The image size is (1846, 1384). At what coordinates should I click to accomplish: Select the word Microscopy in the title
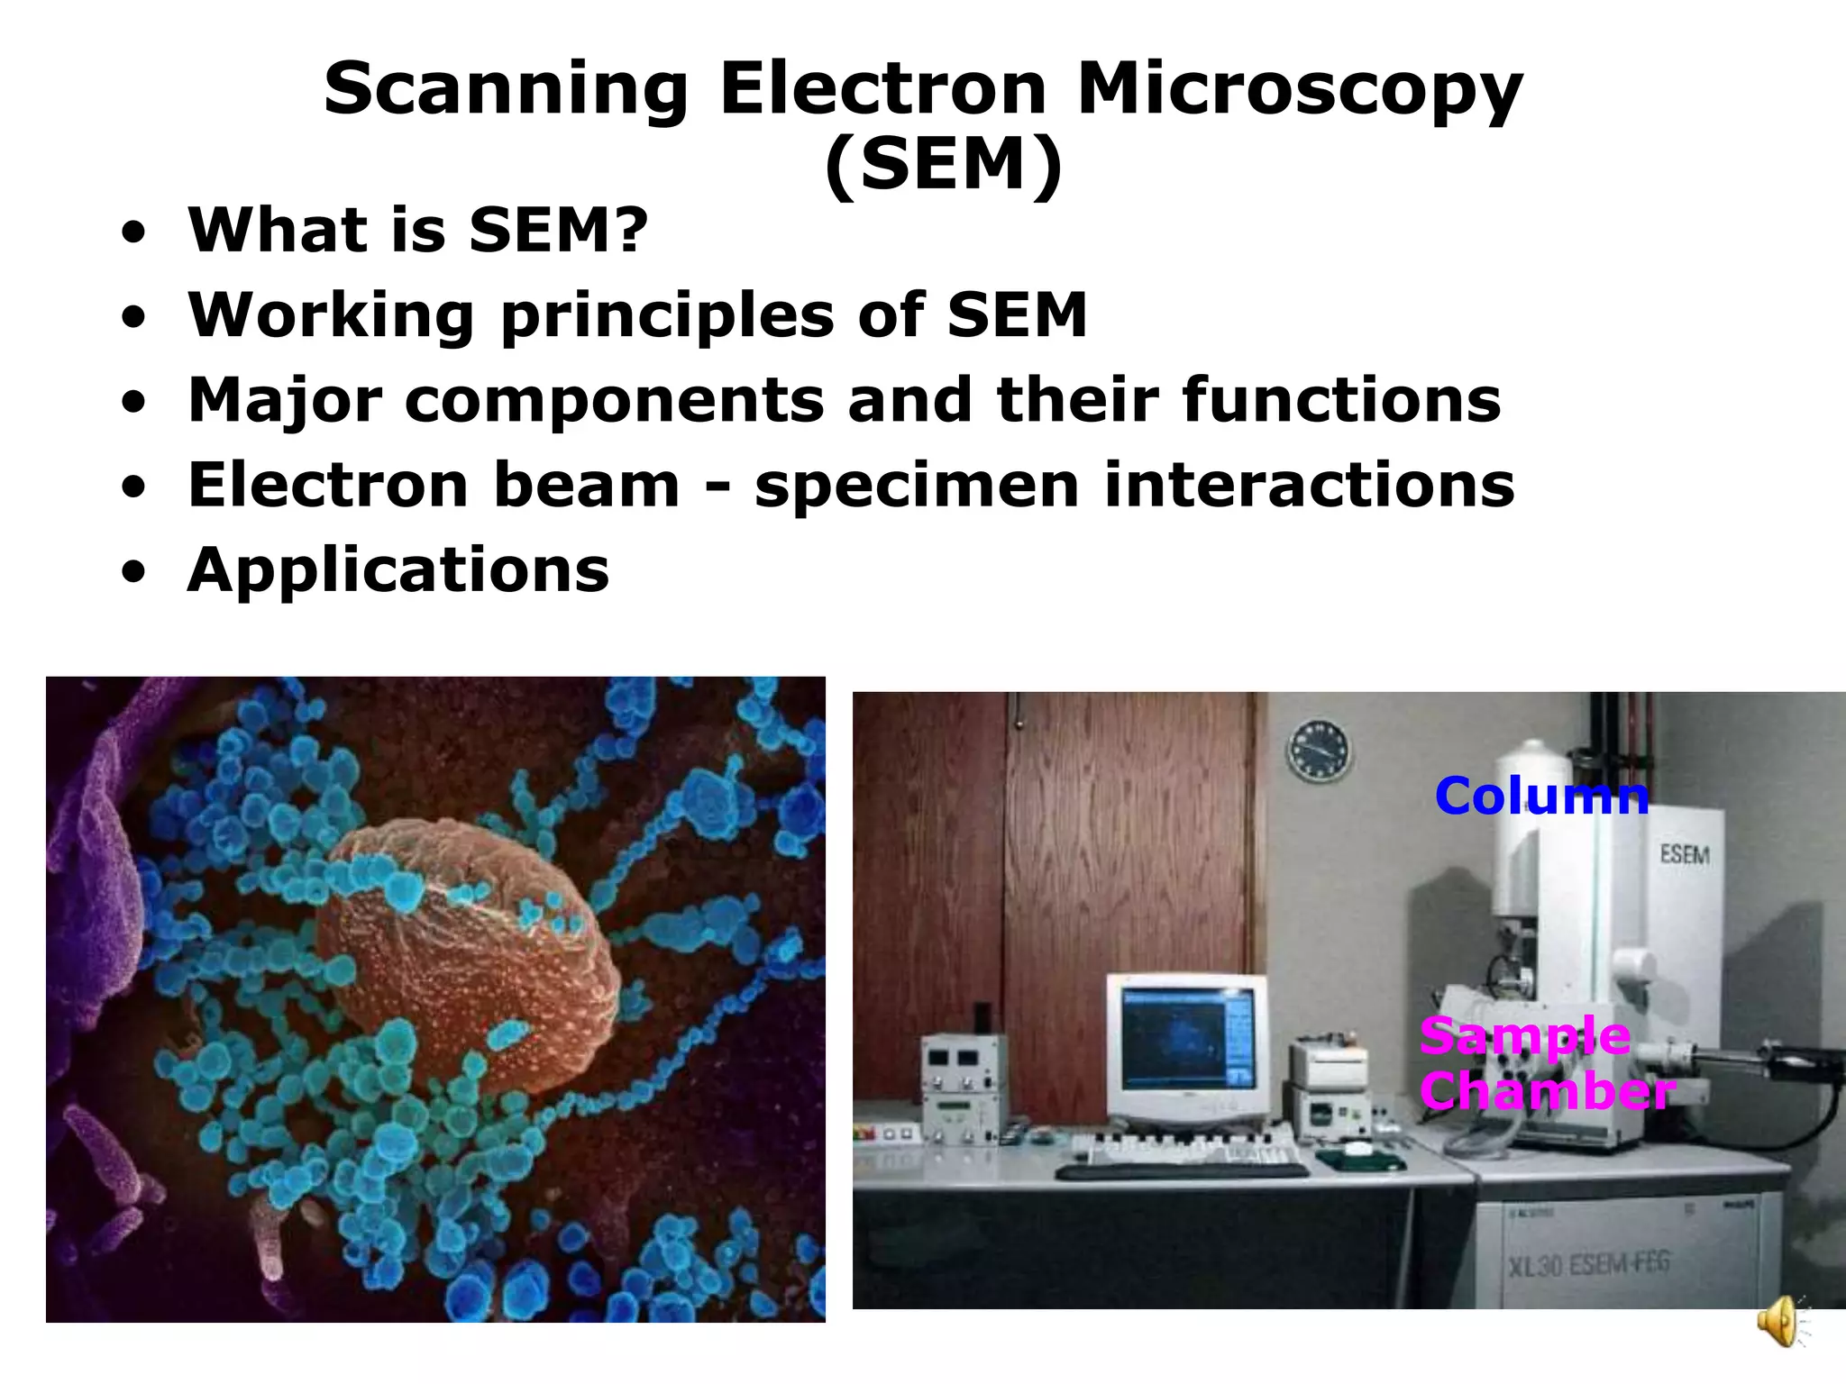1299,90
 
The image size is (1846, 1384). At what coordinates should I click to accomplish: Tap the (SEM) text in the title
944,166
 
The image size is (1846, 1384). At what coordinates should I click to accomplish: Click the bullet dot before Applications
133,572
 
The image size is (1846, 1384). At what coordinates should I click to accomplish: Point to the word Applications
398,570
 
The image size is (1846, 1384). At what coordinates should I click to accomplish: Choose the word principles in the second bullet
667,316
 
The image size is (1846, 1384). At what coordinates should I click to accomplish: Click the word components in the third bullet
614,400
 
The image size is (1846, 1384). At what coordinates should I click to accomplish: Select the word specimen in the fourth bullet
917,486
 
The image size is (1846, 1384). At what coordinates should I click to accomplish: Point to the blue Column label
1541,797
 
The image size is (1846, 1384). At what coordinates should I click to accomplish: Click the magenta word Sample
1524,1036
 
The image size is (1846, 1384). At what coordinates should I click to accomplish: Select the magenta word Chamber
1547,1091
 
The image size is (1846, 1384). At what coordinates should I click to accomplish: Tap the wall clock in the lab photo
1320,751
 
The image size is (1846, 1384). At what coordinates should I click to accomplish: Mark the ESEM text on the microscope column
1684,853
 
